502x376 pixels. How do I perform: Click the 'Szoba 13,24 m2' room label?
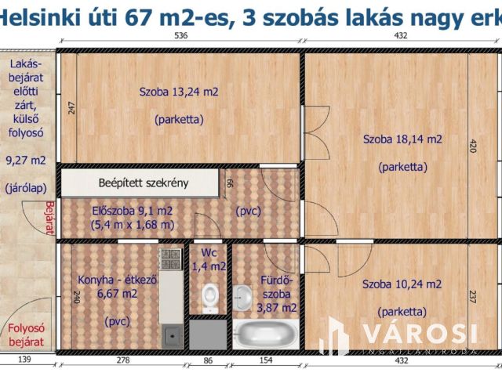(179, 92)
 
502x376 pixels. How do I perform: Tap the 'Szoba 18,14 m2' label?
(402, 139)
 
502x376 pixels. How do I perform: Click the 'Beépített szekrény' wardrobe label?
(143, 183)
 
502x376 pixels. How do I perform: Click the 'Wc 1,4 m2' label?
(208, 260)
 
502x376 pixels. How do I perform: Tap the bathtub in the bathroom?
(266, 334)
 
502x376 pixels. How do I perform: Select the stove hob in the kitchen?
(170, 256)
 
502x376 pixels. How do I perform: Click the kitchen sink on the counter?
(170, 336)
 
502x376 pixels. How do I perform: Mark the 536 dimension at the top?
(180, 36)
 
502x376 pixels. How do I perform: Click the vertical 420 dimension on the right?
(473, 146)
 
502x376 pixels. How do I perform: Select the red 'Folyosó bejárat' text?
(27, 334)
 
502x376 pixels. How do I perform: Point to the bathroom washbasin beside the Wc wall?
(245, 296)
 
